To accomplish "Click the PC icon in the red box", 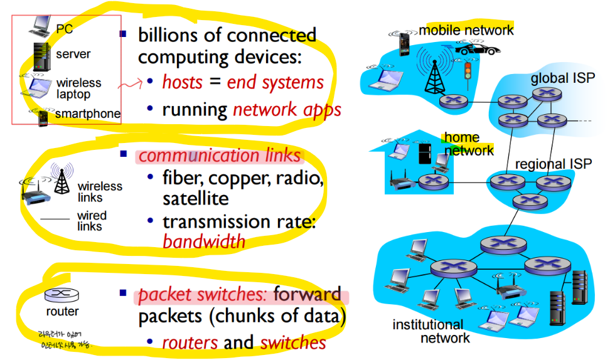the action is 41,26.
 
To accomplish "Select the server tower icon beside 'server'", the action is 41,56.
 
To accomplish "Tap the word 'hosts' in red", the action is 182,82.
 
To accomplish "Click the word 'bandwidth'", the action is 204,241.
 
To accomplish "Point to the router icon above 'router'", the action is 61,294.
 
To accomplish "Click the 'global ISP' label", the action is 559,79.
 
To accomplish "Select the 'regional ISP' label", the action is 553,164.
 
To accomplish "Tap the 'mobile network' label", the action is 466,30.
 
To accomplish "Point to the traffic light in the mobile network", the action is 467,70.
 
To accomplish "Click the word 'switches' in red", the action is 293,343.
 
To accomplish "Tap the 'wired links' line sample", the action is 54,219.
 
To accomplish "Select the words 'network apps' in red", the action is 287,110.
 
